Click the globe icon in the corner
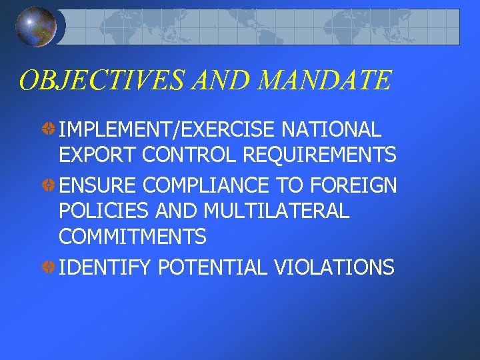point(36,27)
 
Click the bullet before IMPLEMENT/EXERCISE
point(49,129)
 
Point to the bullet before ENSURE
point(49,183)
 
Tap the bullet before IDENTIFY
point(49,267)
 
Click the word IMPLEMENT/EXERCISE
point(169,129)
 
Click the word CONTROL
point(190,156)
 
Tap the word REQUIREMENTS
point(320,156)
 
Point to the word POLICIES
point(104,210)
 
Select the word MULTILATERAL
point(276,210)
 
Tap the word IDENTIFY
point(106,267)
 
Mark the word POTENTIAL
point(212,267)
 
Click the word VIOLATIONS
point(334,267)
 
